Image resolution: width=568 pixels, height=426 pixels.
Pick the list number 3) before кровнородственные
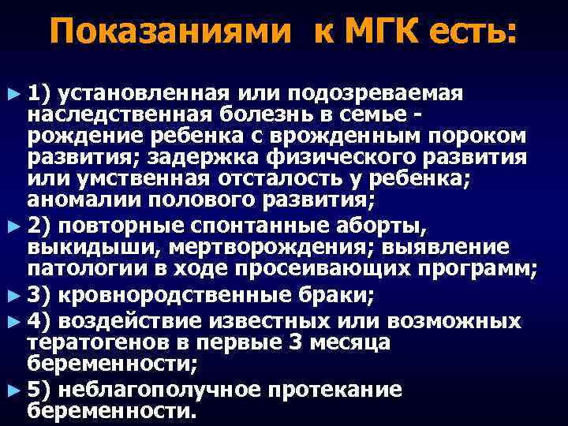coord(39,297)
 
